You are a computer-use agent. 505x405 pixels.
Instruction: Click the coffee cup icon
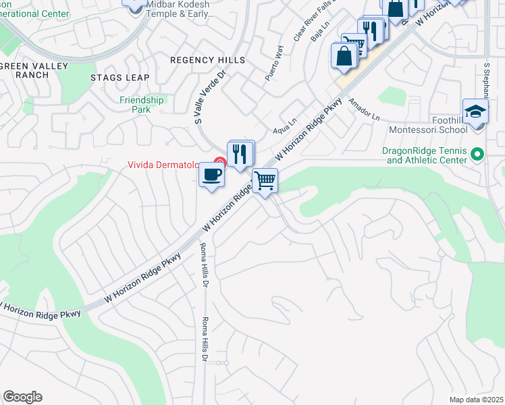(212, 175)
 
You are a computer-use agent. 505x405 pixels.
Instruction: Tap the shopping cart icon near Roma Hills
(265, 180)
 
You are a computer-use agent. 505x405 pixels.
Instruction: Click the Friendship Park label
(142, 104)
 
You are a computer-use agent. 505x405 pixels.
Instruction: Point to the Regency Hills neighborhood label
(207, 60)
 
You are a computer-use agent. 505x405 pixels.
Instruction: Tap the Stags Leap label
(119, 78)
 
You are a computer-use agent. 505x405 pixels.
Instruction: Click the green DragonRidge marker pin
(477, 155)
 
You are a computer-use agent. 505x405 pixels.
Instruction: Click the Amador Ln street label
(364, 109)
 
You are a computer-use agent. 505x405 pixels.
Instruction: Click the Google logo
(22, 397)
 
